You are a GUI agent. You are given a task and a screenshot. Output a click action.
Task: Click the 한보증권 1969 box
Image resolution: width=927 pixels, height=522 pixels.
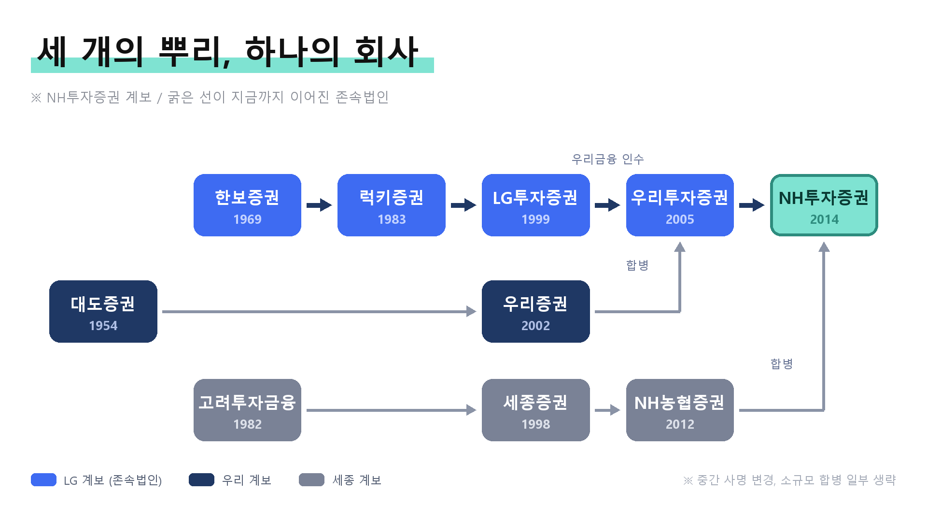(247, 205)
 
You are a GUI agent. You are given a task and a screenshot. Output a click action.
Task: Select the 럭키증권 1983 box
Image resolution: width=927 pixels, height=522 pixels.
(392, 205)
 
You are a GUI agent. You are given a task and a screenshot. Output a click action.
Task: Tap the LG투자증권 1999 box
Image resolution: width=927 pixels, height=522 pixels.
(536, 205)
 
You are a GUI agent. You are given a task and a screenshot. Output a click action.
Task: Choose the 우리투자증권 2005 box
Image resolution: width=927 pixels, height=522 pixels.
(680, 205)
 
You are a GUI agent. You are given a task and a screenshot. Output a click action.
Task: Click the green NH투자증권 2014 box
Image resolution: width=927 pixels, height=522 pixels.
(824, 205)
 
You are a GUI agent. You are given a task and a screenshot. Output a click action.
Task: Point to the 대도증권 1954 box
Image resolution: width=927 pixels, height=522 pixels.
(103, 311)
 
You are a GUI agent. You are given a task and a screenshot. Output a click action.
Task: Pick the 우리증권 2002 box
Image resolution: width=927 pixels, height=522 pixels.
(536, 311)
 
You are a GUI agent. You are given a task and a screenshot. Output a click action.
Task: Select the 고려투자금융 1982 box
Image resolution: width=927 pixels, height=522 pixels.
(247, 410)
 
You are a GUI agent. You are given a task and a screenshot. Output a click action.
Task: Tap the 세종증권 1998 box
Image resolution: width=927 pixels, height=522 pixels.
(536, 410)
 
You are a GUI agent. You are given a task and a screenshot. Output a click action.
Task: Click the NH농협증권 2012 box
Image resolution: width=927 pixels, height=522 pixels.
(680, 410)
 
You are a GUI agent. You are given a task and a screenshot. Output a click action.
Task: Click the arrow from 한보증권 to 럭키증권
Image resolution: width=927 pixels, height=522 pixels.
(319, 205)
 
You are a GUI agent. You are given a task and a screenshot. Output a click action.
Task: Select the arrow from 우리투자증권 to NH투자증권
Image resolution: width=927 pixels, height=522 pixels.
(752, 205)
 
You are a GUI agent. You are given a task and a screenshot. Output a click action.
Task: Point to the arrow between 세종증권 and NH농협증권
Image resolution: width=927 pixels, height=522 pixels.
(607, 410)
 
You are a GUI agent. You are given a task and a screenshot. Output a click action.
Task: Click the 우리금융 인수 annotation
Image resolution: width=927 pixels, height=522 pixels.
(608, 159)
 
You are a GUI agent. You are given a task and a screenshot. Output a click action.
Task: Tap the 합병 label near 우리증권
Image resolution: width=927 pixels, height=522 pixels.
(637, 265)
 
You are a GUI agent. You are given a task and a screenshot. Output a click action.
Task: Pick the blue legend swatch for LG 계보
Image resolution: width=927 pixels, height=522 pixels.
(43, 479)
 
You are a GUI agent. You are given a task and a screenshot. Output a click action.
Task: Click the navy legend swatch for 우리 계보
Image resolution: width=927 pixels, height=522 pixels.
(201, 479)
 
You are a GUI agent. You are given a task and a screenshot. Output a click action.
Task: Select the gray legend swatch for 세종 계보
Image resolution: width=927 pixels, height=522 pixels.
(311, 479)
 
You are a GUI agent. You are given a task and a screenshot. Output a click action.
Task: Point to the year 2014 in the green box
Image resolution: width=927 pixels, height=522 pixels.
(824, 219)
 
